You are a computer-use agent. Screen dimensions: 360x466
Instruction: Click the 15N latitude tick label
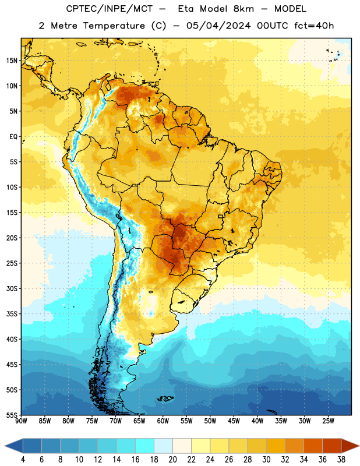coord(12,61)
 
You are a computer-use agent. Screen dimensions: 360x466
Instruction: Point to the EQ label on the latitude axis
coord(13,137)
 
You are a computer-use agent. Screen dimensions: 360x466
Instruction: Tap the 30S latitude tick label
coord(12,288)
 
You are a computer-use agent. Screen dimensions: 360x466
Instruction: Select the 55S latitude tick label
coord(12,415)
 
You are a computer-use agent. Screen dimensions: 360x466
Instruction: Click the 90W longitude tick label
coord(21,421)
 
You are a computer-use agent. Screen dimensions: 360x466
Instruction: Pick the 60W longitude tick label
coord(163,421)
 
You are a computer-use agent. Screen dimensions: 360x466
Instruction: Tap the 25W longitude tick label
coord(328,421)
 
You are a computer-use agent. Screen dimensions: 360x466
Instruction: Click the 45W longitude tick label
coord(234,421)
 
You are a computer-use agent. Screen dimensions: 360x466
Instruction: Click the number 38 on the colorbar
coord(341,460)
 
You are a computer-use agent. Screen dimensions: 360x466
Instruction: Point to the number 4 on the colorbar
coord(23,460)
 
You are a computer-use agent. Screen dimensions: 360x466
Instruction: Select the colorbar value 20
coord(172,460)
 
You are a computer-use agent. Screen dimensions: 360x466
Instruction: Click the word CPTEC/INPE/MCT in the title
coord(109,9)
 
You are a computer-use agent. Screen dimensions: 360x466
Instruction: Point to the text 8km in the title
coord(243,9)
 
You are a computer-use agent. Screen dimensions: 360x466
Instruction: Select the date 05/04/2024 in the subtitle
coord(218,26)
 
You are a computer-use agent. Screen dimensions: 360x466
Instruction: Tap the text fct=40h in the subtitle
coord(314,26)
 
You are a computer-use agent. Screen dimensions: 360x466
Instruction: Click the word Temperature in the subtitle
coord(114,26)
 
